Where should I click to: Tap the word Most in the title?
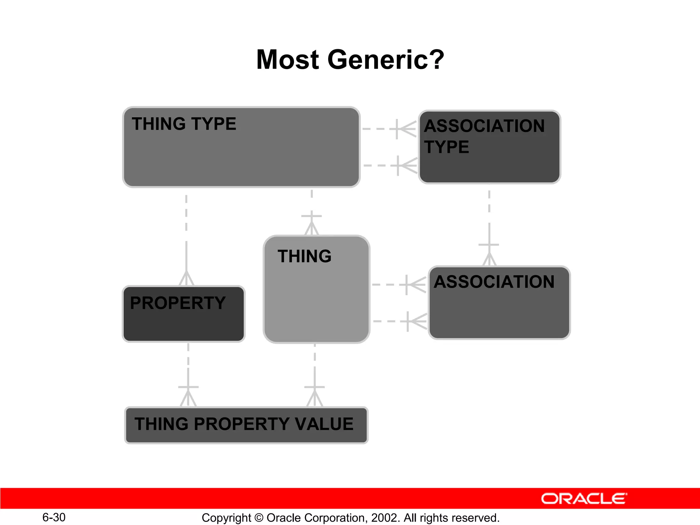coord(287,60)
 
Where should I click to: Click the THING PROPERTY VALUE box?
coord(246,425)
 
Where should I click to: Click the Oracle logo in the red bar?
coord(584,499)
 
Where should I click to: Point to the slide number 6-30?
coord(54,517)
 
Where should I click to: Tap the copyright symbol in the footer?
coord(259,518)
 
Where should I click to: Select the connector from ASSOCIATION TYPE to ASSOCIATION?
coord(489,222)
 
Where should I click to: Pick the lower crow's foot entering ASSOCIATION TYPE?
coord(407,166)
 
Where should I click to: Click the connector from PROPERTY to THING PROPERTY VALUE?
coord(188,373)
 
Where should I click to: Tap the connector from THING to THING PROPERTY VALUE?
coord(314,373)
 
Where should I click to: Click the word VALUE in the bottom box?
coord(324,424)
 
